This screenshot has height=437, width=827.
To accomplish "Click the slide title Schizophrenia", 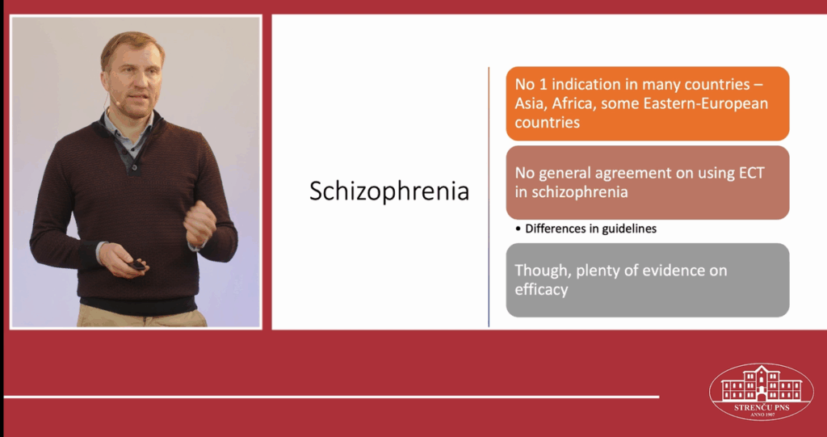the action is [x=388, y=191].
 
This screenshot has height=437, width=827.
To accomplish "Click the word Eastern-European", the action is [x=706, y=103].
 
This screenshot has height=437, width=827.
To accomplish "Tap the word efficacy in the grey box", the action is [x=541, y=290].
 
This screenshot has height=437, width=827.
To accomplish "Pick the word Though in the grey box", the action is [x=541, y=271].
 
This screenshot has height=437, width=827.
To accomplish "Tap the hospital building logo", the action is [x=761, y=392].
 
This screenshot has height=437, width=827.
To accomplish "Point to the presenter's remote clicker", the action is [x=136, y=264].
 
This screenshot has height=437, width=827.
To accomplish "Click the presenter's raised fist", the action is [x=200, y=223].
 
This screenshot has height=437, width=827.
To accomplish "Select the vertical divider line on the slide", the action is [x=489, y=197].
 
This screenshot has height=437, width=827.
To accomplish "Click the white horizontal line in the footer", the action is [x=331, y=397].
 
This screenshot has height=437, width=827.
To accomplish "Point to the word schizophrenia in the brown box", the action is [x=571, y=192].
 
